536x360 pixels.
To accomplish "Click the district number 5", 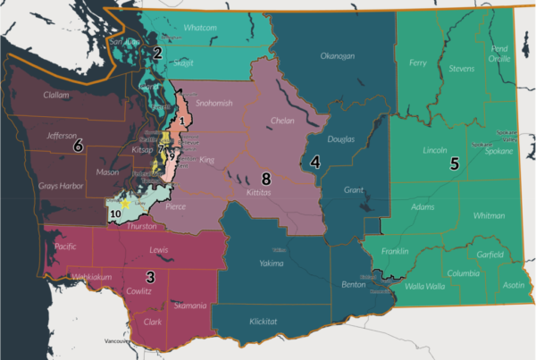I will click(455, 164).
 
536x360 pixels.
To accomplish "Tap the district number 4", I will click(315, 162).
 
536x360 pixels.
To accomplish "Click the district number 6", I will click(79, 145).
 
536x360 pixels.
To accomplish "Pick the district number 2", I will click(157, 54).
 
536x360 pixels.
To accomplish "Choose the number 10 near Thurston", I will click(115, 215).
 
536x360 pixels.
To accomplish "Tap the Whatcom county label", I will click(200, 28).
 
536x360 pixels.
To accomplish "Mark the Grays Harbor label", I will click(61, 188).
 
